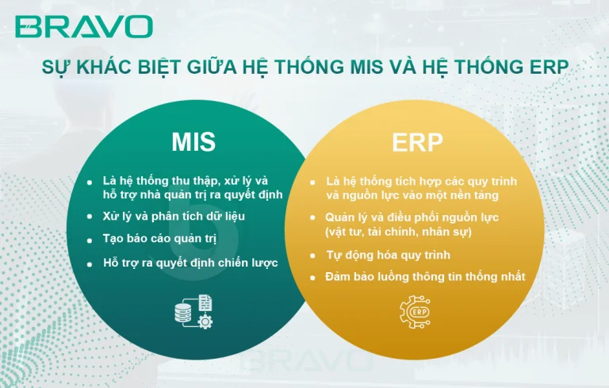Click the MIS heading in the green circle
click(x=193, y=142)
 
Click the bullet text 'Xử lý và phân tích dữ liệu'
click(x=174, y=216)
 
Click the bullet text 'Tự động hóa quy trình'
click(x=388, y=255)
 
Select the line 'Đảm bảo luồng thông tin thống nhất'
click(x=425, y=277)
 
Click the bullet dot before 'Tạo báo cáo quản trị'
click(x=91, y=239)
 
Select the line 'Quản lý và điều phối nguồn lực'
click(x=412, y=217)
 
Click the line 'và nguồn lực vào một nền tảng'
click(x=412, y=195)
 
